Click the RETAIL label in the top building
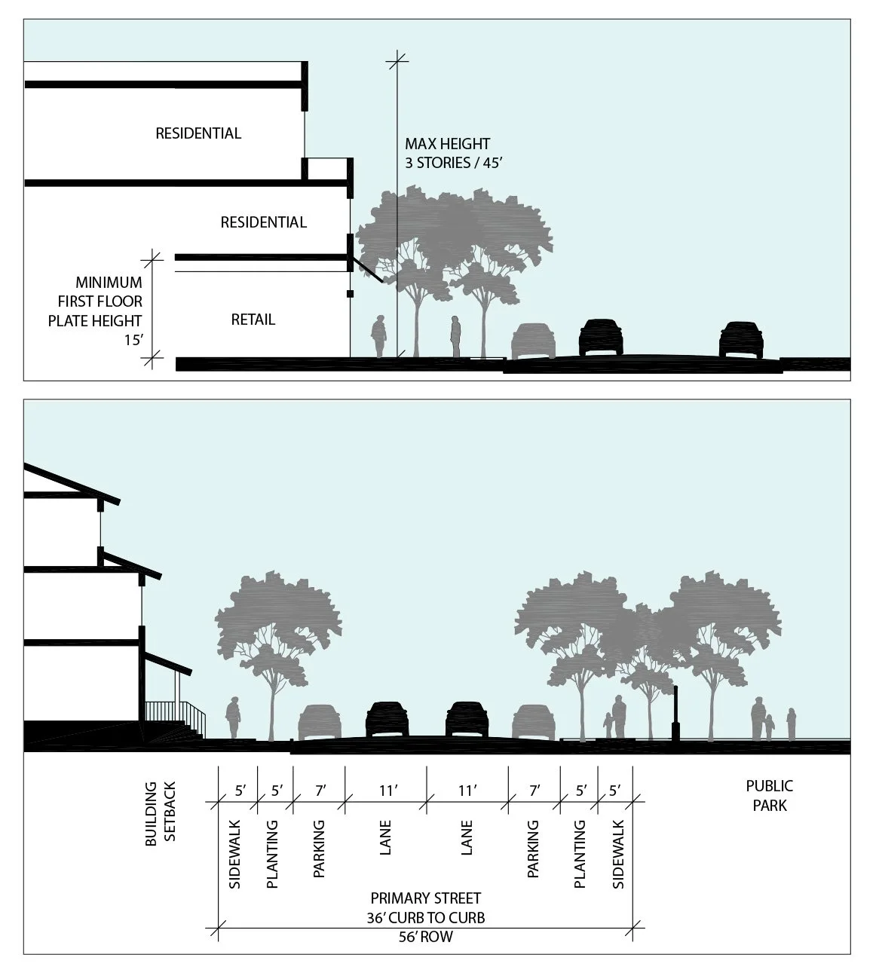point(253,320)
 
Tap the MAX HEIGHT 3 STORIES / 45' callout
point(454,153)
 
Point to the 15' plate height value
point(133,340)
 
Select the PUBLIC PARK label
point(769,796)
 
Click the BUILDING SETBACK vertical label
point(161,814)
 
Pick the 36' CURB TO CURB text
point(425,918)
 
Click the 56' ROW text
point(425,937)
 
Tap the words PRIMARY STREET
point(425,898)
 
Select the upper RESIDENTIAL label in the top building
point(198,133)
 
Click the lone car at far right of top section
point(741,339)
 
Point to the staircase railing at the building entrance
point(175,716)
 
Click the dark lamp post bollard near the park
point(675,713)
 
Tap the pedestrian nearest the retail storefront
point(378,336)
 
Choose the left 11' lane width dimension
point(388,791)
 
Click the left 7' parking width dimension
point(320,791)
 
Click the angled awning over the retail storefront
point(367,270)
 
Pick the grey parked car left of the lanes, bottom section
point(320,723)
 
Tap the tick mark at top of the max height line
point(397,61)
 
